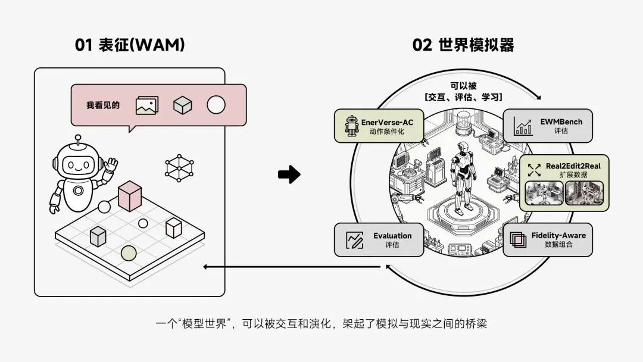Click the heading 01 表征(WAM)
click(x=130, y=45)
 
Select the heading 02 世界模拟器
click(x=463, y=45)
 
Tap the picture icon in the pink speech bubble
click(x=147, y=105)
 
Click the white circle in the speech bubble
click(x=216, y=105)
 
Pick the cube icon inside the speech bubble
click(x=183, y=105)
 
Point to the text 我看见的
click(x=103, y=105)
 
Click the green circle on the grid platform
click(x=129, y=253)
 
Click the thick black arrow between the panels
click(x=289, y=174)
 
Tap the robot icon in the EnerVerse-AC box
click(x=352, y=126)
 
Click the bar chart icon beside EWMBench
click(x=523, y=126)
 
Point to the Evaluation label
click(x=392, y=236)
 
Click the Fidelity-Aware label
click(x=558, y=235)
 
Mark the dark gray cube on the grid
click(x=98, y=236)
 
